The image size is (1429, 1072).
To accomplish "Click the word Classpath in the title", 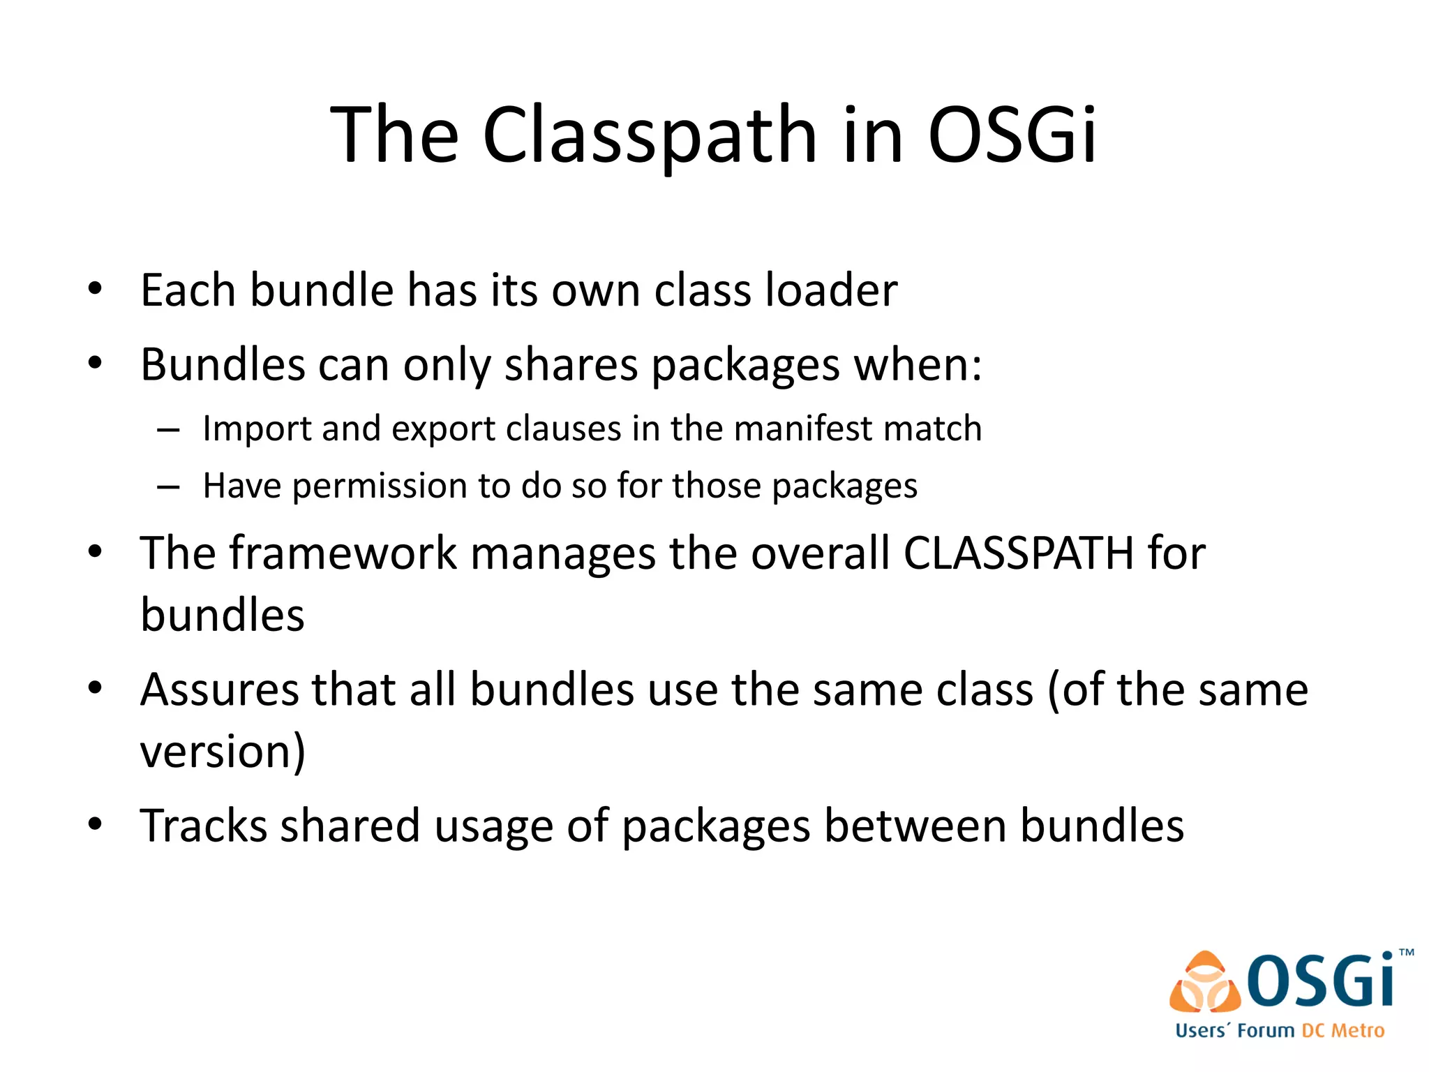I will coord(649,134).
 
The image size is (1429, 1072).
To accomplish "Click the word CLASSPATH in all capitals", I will coord(1019,553).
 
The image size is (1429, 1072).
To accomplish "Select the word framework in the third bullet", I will coord(343,553).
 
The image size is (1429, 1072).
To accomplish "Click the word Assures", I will coord(219,690).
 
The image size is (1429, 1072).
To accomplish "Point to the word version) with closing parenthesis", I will coord(223,751).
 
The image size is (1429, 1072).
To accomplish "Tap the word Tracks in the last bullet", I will coord(204,826).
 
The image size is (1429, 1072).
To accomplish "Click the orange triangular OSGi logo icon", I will coord(1204,983).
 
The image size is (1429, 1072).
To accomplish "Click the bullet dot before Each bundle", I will coord(96,288).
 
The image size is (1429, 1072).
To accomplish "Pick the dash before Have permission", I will coord(168,486).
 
